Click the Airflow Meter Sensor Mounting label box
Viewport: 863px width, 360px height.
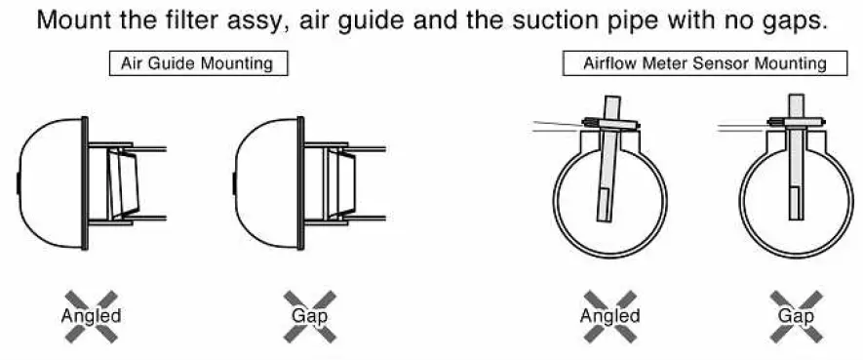[x=695, y=64]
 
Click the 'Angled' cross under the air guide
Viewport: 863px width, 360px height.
[x=91, y=315]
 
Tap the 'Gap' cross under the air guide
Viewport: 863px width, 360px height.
[x=309, y=315]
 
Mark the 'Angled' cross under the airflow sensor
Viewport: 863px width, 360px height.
[x=609, y=315]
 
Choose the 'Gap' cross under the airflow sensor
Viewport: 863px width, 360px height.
[x=796, y=315]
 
